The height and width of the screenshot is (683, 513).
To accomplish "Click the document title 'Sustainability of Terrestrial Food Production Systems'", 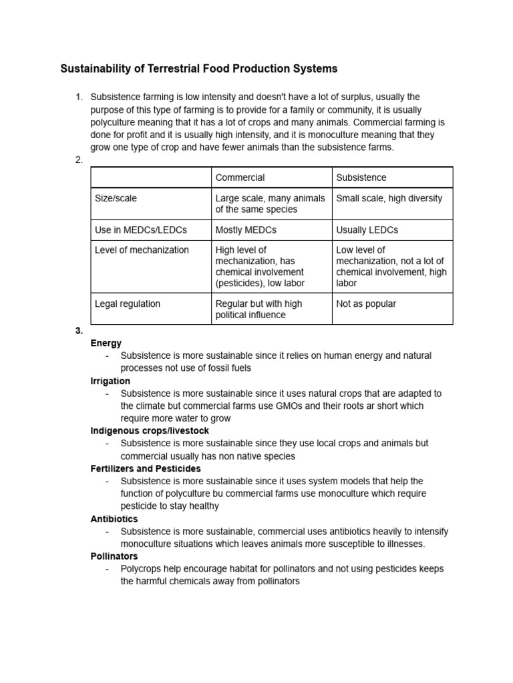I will coord(199,69).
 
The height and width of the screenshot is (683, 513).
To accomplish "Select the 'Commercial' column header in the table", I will coord(240,177).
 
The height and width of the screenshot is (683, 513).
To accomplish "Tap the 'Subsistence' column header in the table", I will coord(361,177).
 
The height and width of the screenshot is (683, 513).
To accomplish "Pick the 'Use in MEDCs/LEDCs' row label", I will coord(141,229).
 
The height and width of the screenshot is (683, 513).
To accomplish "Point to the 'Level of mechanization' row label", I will coord(142,250).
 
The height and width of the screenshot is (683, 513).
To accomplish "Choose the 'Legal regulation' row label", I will coord(128,303).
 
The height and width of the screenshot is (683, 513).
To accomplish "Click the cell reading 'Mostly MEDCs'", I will coord(246,229).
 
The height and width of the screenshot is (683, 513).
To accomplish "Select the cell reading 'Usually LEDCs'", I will coord(367,229).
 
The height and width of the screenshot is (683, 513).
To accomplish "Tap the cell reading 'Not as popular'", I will coord(366,303).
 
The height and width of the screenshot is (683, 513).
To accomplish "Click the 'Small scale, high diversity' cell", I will coord(389,198).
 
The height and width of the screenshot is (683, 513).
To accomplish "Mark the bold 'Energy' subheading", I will coord(106,344).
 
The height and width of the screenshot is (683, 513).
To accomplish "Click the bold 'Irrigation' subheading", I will coord(110,381).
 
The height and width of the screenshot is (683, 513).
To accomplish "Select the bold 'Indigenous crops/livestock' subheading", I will coord(150,431).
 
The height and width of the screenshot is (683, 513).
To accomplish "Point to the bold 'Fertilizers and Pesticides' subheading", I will coord(145,469).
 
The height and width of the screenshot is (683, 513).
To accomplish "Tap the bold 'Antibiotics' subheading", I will coord(114,519).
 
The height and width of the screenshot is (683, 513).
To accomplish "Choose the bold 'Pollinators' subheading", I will coord(114,556).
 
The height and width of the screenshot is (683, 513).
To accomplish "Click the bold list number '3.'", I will coord(79,331).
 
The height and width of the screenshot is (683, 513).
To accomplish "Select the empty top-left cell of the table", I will coord(151,177).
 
